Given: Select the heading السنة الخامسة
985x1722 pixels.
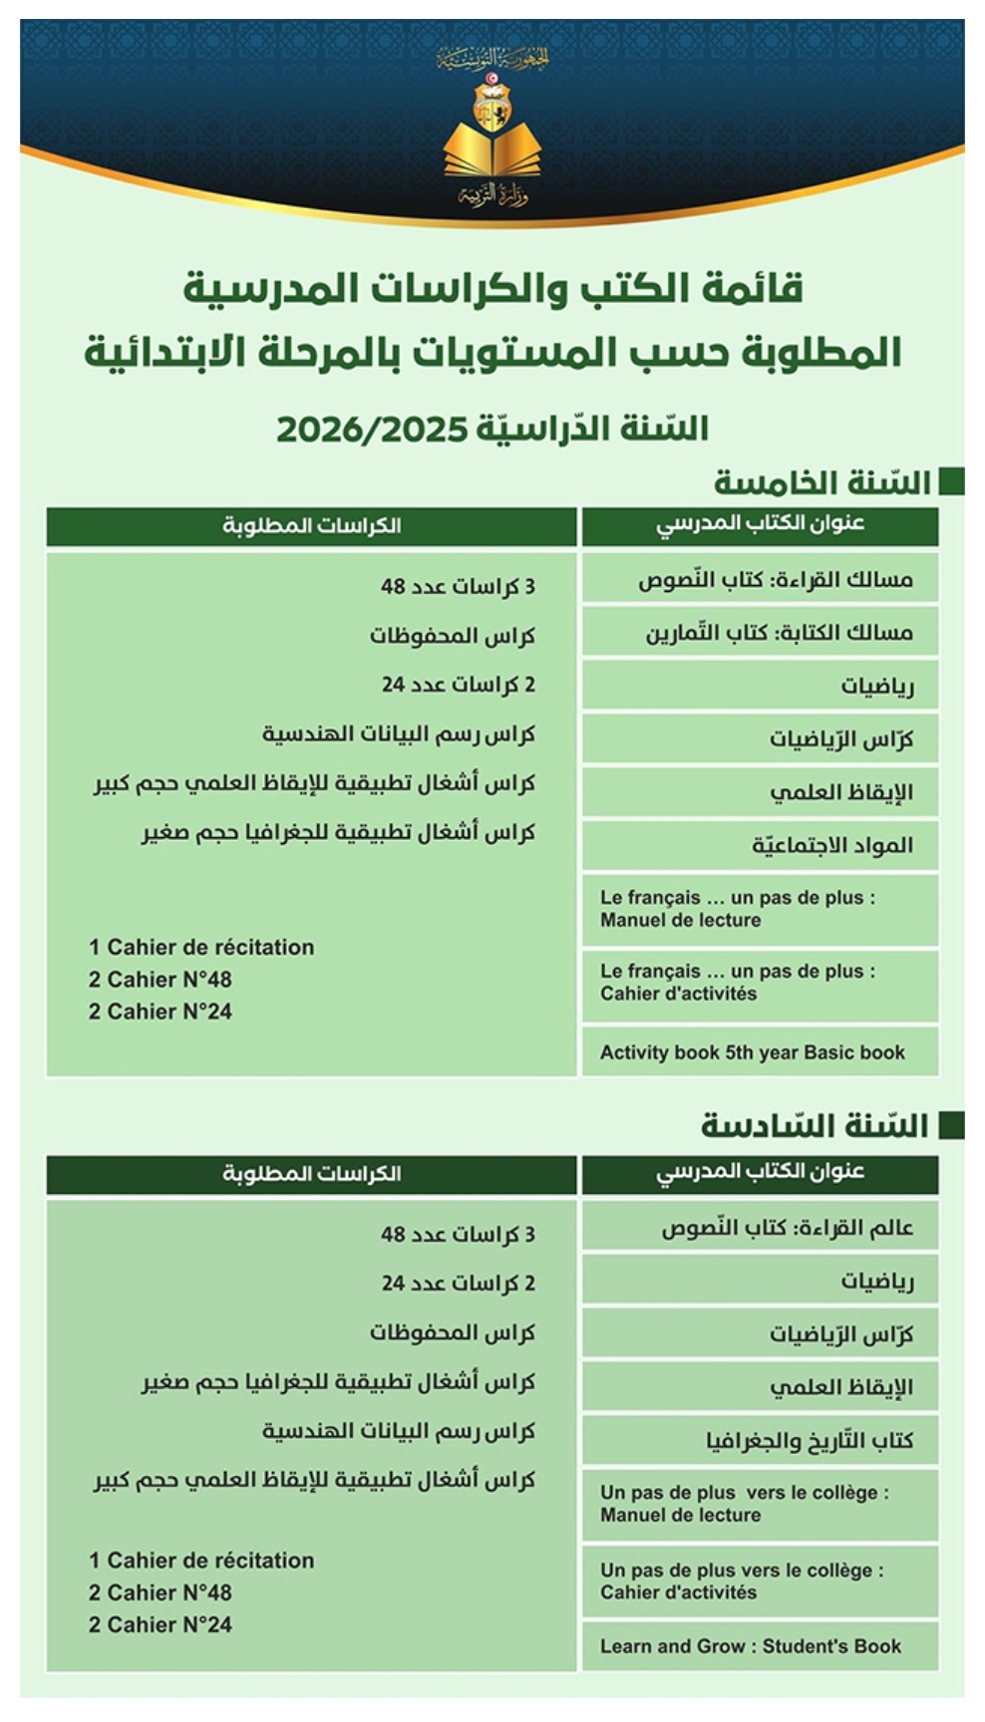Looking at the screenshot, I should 821,482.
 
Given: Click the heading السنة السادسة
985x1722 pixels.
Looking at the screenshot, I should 815,1126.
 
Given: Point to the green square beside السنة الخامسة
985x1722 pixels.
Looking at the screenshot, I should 952,481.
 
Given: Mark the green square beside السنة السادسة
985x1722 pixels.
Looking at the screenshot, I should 952,1126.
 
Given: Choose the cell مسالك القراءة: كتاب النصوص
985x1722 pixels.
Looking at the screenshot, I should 761,579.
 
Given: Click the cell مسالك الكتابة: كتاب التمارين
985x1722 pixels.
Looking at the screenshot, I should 761,633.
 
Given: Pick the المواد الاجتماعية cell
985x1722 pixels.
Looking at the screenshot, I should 761,845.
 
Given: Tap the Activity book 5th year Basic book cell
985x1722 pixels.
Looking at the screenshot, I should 761,1052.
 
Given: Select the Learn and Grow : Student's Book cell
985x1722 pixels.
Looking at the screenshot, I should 761,1646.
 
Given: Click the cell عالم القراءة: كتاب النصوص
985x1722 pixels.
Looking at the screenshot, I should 761,1228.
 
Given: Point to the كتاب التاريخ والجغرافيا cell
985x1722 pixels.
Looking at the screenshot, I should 761,1440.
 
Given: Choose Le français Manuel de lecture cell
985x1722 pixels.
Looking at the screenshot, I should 761,909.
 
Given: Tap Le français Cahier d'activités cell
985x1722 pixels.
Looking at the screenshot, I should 761,983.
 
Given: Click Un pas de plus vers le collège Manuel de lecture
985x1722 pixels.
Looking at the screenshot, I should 761,1504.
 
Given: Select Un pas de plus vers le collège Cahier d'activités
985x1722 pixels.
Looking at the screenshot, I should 761,1580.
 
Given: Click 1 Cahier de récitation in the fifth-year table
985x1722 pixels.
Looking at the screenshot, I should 201,947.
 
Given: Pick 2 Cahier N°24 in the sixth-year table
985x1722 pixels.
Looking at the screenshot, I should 161,1624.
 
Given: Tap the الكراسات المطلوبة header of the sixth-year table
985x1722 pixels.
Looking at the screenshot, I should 312,1174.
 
